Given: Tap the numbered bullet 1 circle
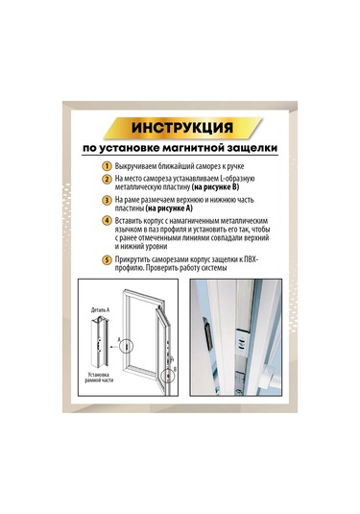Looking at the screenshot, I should tap(107, 168).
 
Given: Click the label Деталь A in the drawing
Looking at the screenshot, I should tap(102, 311).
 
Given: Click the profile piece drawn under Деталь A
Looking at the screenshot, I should tap(102, 339).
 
